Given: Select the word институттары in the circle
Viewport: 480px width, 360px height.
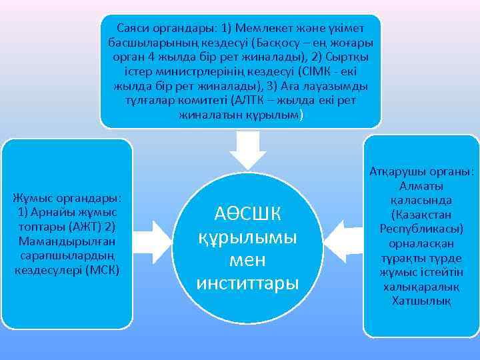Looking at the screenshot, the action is (248, 282).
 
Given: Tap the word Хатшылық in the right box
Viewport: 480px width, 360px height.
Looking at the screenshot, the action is (423, 301).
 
